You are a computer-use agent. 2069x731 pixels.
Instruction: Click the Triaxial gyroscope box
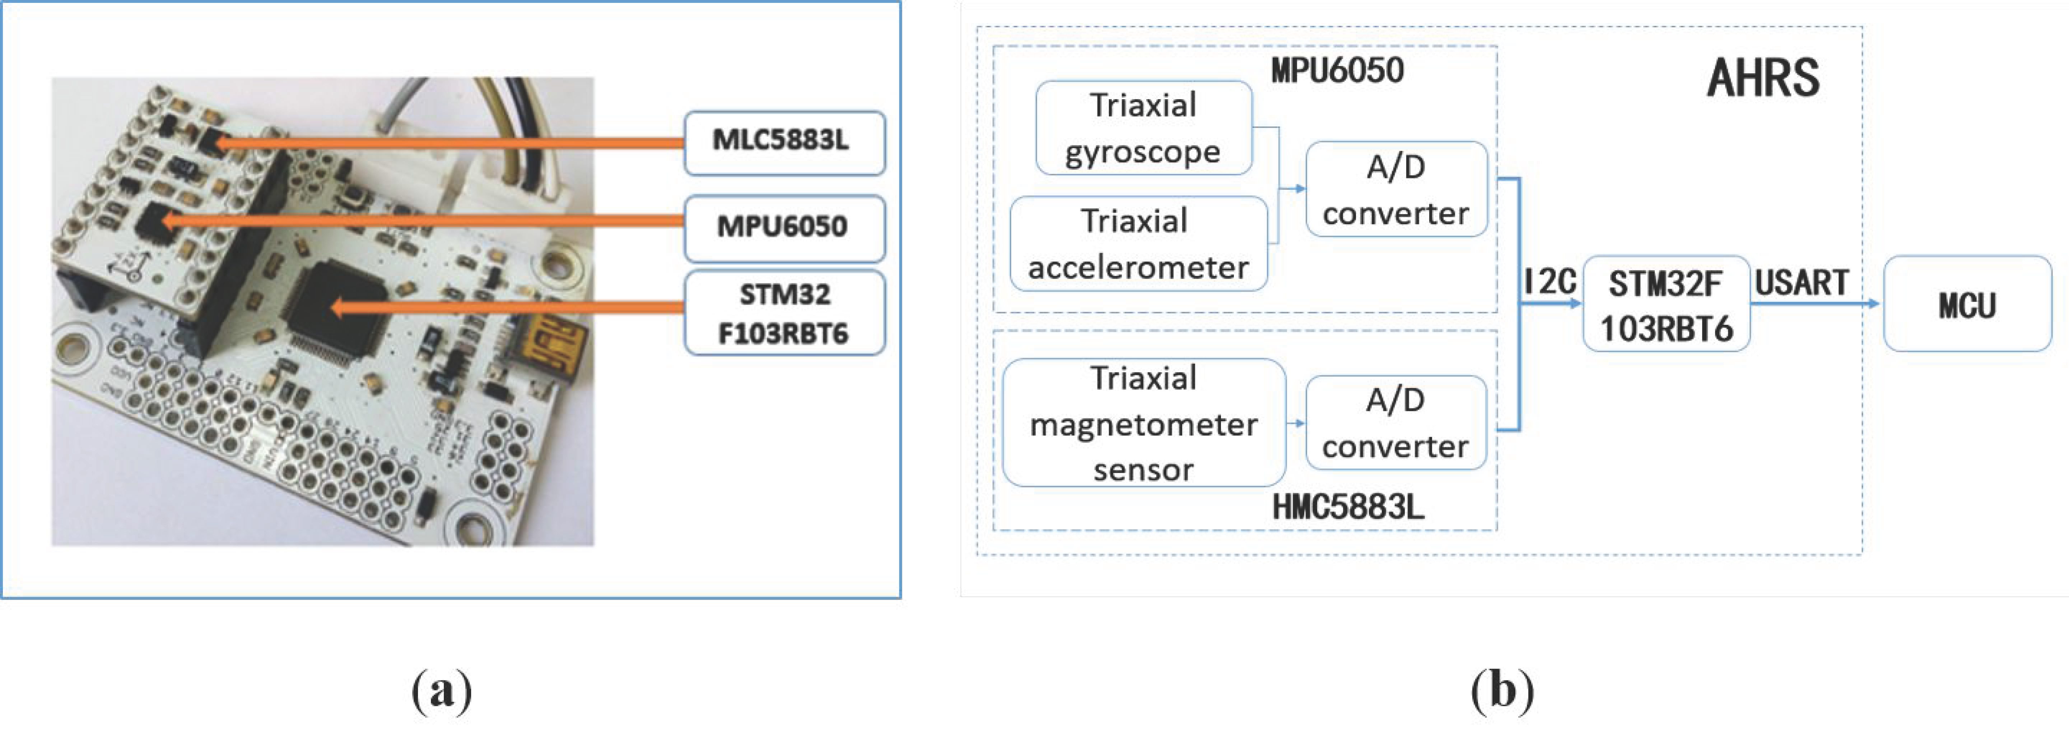click(1143, 128)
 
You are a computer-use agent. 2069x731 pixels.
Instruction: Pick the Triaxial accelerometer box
click(1138, 244)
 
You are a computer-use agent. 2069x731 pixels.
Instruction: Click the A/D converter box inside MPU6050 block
click(1396, 190)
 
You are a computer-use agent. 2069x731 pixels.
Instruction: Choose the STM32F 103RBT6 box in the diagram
click(1666, 305)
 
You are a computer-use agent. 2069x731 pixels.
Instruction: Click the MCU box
click(1967, 305)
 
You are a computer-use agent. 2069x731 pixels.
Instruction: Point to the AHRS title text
click(1763, 78)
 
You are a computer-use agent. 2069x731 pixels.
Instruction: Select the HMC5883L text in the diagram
click(1348, 507)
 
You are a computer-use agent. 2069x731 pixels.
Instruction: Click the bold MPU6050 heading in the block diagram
click(1337, 71)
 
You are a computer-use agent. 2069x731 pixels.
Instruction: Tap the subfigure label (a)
click(442, 689)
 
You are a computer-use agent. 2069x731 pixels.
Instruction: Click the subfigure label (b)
click(1502, 689)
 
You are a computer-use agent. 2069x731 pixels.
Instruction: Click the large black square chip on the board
click(337, 309)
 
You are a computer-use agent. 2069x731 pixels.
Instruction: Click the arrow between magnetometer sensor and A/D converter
click(1296, 424)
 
